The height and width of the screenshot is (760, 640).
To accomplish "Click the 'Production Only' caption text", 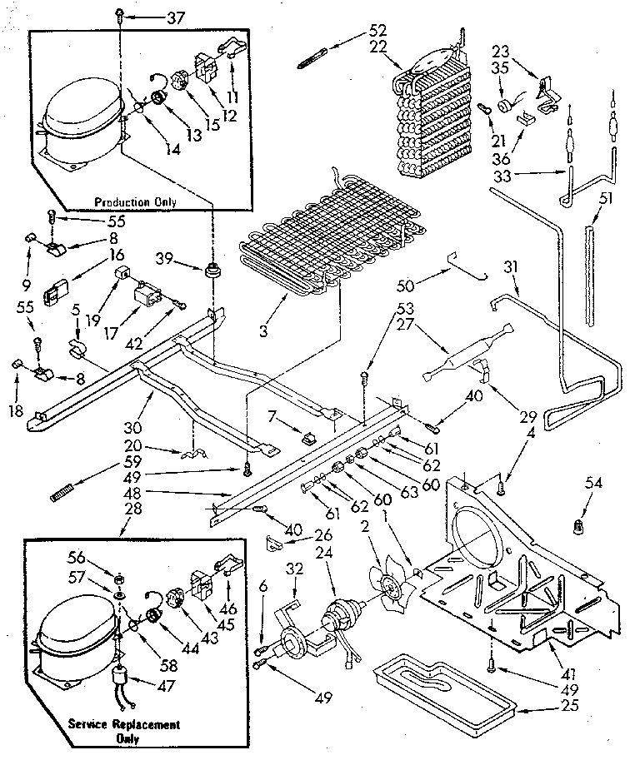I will [x=133, y=202].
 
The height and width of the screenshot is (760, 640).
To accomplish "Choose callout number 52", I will [x=377, y=31].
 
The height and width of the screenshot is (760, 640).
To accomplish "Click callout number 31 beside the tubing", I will [x=511, y=267].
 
